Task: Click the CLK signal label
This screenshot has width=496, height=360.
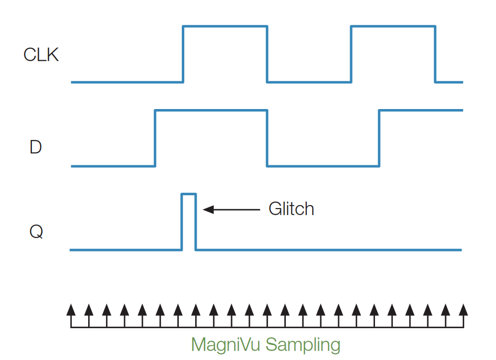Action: point(41,55)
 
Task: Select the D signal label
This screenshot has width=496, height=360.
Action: point(35,147)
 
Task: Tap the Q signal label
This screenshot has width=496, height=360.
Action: point(36,232)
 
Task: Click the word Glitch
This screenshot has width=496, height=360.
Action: point(291,209)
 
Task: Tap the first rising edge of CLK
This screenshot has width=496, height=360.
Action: point(183,54)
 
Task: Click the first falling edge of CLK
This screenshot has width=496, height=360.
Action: point(267,54)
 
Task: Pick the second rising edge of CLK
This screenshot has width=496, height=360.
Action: point(352,54)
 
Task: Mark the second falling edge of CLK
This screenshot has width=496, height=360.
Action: point(435,54)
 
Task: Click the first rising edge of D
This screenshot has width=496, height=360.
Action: point(155,138)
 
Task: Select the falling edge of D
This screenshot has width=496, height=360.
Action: point(267,138)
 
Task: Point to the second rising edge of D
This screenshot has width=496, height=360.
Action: point(379,138)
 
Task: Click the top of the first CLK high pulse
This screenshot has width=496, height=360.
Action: point(225,26)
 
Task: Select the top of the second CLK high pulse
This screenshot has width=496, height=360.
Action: point(393,26)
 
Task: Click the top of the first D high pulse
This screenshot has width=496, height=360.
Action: point(211,110)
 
